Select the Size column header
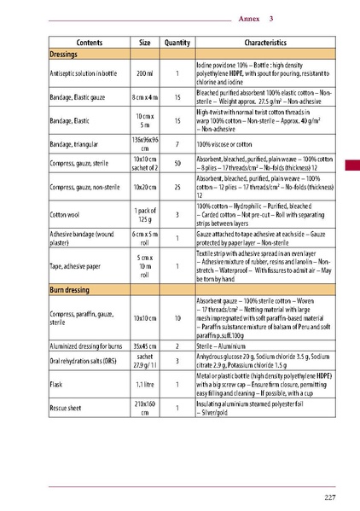point(145,42)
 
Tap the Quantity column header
point(177,42)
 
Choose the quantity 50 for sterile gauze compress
point(177,162)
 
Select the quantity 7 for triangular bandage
point(177,144)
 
